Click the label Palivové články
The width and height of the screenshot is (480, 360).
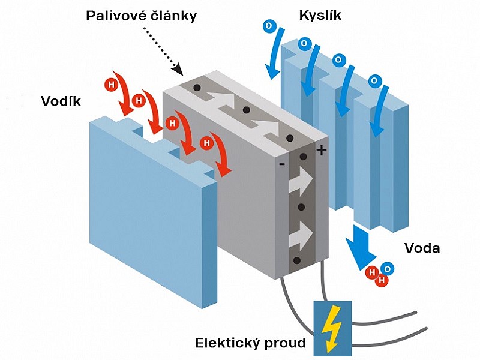(x=141, y=17)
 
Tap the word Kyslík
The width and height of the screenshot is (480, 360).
(x=320, y=16)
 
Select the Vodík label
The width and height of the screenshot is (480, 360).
(x=61, y=101)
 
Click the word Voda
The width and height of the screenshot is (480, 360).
(x=422, y=248)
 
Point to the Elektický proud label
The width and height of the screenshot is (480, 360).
(x=250, y=343)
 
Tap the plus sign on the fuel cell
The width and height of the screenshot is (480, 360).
(x=321, y=151)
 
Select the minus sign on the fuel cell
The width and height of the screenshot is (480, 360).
(x=282, y=164)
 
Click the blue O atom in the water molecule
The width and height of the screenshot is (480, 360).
(x=388, y=269)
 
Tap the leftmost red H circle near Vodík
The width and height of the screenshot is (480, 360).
(x=112, y=85)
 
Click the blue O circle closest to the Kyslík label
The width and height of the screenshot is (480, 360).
(x=269, y=26)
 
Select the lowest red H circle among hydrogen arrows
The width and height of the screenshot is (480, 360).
(x=207, y=143)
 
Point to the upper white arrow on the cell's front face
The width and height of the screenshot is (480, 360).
(x=301, y=182)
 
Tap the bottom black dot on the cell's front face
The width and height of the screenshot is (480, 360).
(x=296, y=260)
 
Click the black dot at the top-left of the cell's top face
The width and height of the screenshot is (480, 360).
(x=197, y=88)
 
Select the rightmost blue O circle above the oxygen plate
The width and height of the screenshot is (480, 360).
(x=374, y=82)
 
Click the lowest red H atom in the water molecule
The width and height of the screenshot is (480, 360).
(x=382, y=280)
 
